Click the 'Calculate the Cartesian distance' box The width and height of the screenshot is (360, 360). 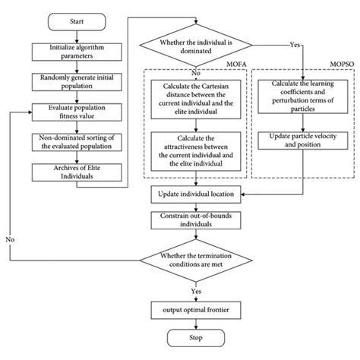click(196, 97)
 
